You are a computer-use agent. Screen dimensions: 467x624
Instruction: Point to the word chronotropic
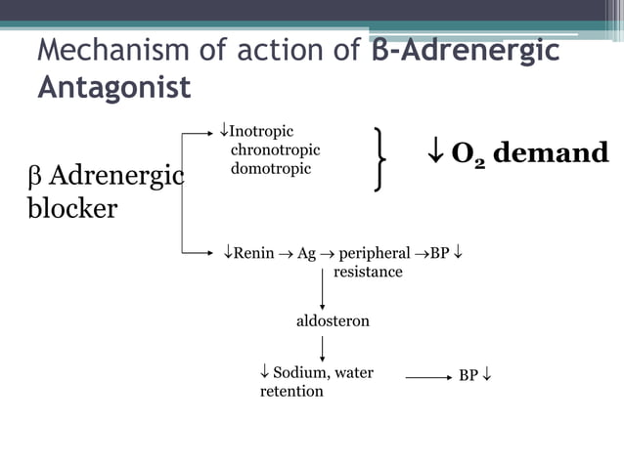[x=275, y=149]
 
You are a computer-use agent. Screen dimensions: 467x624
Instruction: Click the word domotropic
[x=271, y=168]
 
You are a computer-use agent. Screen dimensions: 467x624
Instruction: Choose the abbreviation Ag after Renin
[x=306, y=253]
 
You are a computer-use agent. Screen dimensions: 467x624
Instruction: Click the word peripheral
[x=375, y=253]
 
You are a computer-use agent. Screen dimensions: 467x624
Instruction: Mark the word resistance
[x=368, y=272]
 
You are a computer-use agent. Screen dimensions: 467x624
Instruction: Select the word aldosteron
[x=333, y=320]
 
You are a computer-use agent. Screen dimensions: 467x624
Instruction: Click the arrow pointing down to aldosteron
[x=323, y=292]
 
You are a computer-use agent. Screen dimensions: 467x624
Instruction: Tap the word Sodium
[x=300, y=372]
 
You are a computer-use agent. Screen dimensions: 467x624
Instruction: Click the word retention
[x=291, y=391]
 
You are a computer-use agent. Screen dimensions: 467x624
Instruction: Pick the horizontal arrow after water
[x=426, y=375]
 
